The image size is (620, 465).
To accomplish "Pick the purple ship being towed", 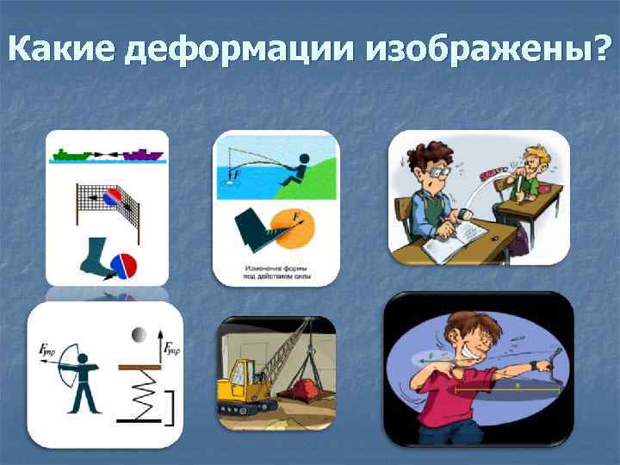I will pos(142,154).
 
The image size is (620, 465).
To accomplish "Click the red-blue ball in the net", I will pos(115,199).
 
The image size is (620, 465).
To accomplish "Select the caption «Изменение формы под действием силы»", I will pos(276,274).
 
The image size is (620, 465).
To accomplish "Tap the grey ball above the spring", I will pos(137,334).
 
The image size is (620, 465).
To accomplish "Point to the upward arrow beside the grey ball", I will pos(164,348).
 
